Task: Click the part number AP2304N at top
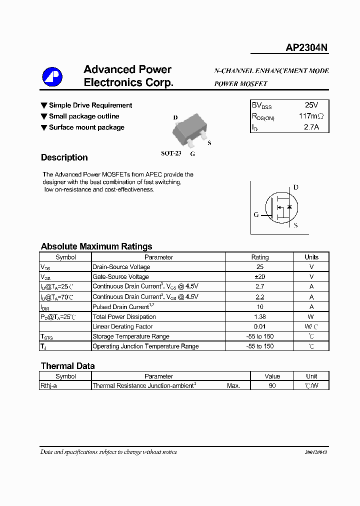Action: click(306, 47)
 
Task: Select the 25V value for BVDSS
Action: click(311, 105)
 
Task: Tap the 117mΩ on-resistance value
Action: click(311, 116)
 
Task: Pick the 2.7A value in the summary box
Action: click(311, 127)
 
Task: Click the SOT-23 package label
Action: click(171, 153)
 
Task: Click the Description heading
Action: click(64, 157)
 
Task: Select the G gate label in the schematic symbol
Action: click(256, 214)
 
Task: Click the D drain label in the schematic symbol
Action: click(295, 187)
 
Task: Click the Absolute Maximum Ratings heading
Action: click(96, 246)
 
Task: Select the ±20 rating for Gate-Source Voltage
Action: click(259, 276)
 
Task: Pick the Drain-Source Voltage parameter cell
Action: click(121, 267)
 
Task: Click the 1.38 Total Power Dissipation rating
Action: click(259, 316)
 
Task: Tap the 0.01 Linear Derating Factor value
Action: click(259, 326)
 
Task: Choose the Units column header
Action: click(311, 257)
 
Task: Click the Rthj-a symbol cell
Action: click(48, 386)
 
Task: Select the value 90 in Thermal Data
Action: click(272, 386)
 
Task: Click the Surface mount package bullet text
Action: click(86, 127)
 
